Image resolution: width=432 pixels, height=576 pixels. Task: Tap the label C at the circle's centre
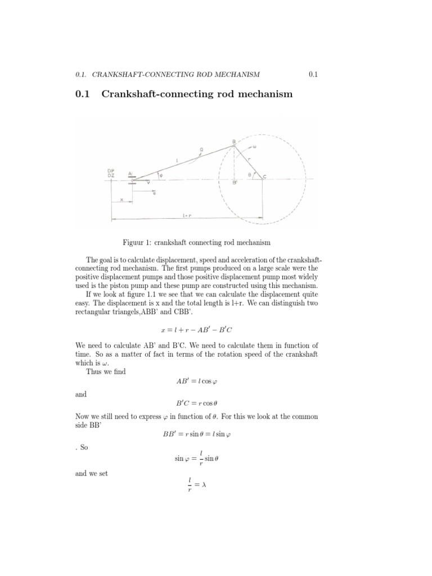pos(265,177)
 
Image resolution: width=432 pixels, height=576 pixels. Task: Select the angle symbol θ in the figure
pos(251,175)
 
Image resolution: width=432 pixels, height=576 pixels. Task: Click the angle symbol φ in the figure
pos(161,174)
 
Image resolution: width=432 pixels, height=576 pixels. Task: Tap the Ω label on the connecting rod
pos(201,150)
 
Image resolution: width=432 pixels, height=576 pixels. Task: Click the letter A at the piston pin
pos(130,174)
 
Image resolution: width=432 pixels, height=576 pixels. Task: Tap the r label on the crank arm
pos(248,159)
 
